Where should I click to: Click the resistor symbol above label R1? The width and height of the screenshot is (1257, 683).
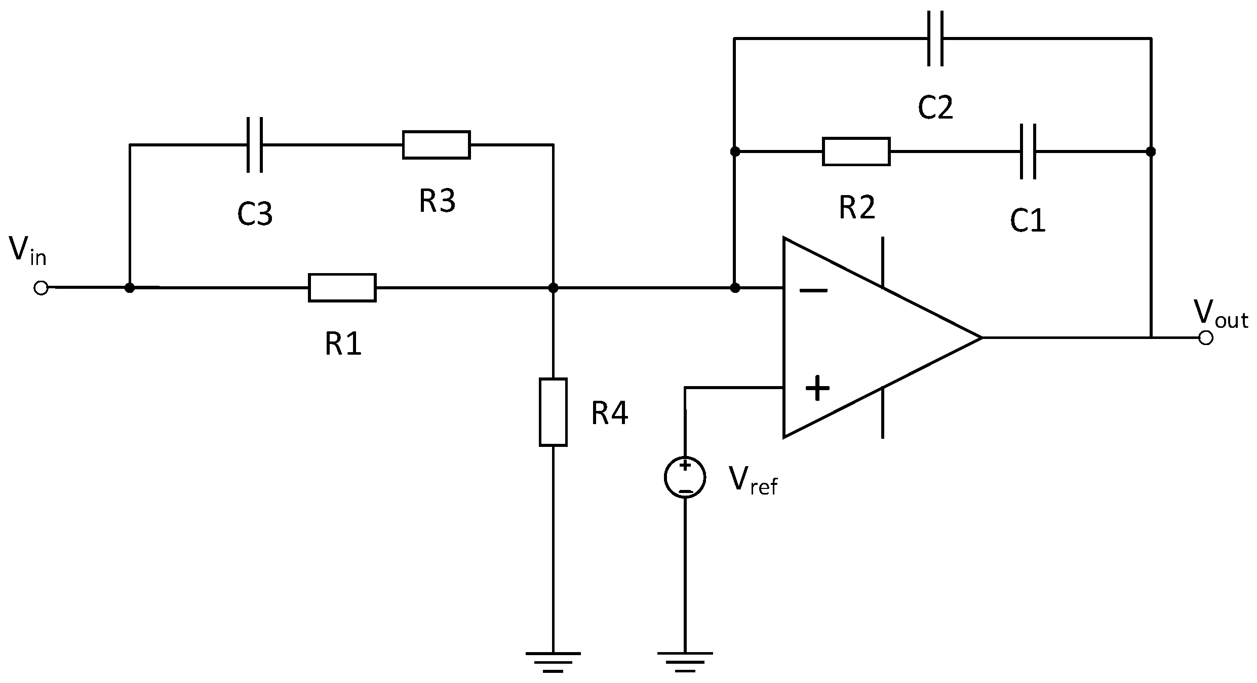[342, 288]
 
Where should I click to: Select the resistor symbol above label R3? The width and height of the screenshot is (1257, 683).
[436, 145]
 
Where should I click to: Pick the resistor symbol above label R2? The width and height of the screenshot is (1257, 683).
[856, 151]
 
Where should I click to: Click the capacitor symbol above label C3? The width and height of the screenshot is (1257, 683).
[255, 145]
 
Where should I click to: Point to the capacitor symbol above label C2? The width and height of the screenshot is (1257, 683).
[935, 39]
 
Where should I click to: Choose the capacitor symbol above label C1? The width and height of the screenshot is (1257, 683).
[1028, 151]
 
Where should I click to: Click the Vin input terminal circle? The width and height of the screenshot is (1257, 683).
[41, 288]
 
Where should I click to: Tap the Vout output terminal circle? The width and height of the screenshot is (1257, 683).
[1206, 337]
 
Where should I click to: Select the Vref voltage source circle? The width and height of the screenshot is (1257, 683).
[685, 477]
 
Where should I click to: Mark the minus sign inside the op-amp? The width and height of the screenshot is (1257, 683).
[813, 290]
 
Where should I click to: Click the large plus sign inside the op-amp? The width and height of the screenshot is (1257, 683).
[817, 389]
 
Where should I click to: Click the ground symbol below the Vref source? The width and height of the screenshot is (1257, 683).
[685, 661]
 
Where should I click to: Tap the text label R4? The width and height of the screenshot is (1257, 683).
[609, 413]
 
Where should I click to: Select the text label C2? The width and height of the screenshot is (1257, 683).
[935, 108]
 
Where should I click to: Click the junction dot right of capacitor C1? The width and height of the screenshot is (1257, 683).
[1151, 151]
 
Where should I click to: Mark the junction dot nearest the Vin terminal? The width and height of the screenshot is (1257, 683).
[130, 288]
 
